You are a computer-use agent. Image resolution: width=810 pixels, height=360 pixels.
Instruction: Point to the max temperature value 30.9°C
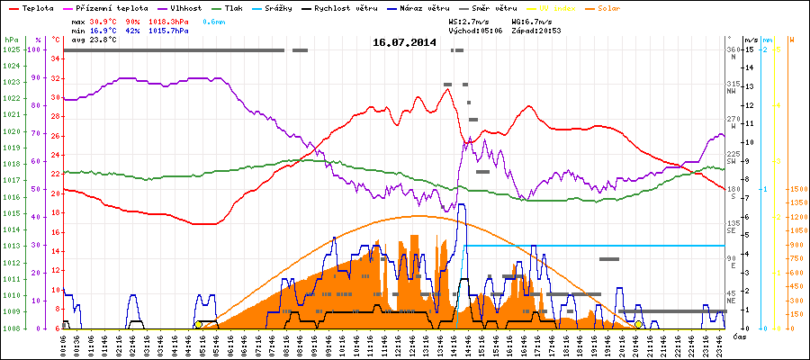(x=103, y=20)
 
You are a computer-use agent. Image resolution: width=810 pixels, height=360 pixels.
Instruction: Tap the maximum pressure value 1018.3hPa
(x=169, y=20)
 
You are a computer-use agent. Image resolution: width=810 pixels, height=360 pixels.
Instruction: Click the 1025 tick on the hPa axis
(x=11, y=49)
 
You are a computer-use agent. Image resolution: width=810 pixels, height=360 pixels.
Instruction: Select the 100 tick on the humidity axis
(x=35, y=49)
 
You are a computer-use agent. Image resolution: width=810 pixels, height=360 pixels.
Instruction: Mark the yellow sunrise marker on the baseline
(x=198, y=324)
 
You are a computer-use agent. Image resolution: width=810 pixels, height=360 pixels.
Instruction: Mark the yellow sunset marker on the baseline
(x=638, y=324)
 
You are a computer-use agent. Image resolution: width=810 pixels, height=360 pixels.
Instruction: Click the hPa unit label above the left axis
(x=11, y=40)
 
